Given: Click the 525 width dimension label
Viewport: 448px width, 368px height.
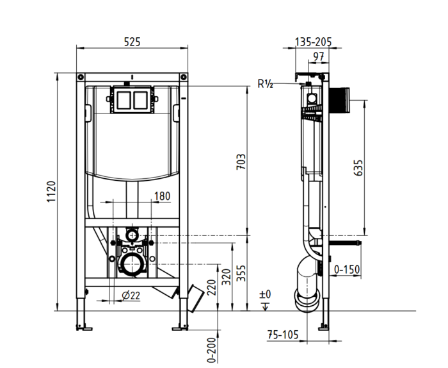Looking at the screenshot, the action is click(x=132, y=42).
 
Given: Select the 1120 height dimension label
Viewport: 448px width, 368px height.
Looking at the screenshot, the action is click(x=51, y=192).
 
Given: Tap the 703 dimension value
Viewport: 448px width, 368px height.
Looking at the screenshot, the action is click(x=241, y=162).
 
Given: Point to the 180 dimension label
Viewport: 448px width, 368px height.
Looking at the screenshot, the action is click(x=162, y=196).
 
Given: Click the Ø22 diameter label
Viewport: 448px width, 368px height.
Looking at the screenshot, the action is click(x=131, y=296).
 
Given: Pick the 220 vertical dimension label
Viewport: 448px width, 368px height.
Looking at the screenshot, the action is click(x=212, y=288).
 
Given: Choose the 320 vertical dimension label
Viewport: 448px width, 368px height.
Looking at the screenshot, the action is click(x=227, y=277).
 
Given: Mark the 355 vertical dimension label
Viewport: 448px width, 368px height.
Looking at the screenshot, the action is click(x=241, y=273).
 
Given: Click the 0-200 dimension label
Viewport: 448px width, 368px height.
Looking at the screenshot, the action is click(x=211, y=350).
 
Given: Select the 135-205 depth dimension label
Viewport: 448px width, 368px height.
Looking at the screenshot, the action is click(x=313, y=42).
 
